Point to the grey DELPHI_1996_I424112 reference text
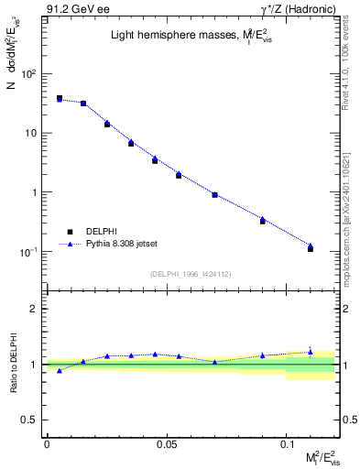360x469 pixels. pos(190,272)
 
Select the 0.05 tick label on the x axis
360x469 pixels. pos(166,443)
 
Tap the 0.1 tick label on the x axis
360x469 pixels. pos(287,443)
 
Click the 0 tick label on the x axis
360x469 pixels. pos(47,443)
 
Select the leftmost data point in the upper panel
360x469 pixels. pos(60,98)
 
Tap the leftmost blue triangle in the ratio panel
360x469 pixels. pos(60,371)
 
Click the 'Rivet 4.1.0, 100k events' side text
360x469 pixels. pos(349,69)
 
